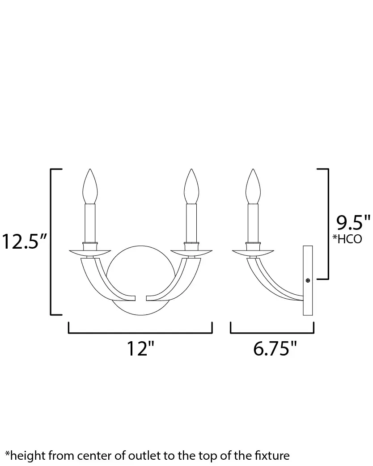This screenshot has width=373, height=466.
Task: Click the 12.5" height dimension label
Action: (x=24, y=241)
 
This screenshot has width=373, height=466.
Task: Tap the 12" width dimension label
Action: (x=140, y=349)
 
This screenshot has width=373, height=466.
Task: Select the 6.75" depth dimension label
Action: (x=275, y=349)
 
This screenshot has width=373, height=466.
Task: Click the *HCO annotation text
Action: (x=347, y=239)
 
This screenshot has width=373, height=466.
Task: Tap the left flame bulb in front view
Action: (x=90, y=186)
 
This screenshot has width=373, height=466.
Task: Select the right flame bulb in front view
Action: (x=191, y=186)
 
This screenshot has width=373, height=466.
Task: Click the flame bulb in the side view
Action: (x=253, y=186)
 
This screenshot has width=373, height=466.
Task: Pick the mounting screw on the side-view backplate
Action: (x=308, y=280)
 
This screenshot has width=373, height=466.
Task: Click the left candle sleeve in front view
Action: (x=90, y=223)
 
